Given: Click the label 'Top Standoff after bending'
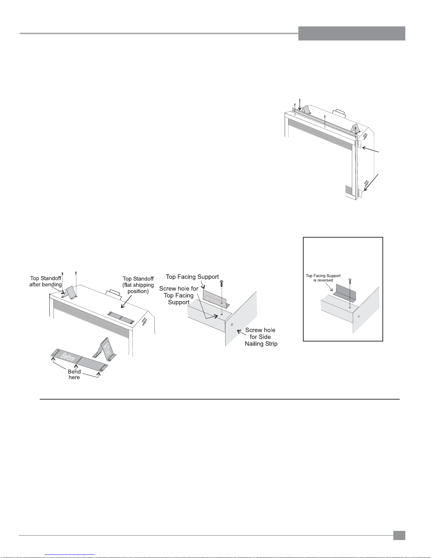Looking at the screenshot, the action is tap(46, 281).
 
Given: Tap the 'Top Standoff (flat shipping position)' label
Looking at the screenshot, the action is tap(138, 285).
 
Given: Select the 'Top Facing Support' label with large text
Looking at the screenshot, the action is tap(192, 277).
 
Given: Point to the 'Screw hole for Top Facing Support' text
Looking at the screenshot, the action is tap(179, 295).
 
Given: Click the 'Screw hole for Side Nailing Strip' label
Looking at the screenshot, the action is tap(261, 337).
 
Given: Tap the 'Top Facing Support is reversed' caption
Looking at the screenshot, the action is tap(323, 278).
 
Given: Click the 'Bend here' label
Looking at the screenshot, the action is tap(74, 374).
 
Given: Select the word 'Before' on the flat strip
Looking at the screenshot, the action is tap(68, 357).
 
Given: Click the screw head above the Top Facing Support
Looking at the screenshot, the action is tap(222, 282).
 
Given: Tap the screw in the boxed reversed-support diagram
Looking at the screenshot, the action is tap(350, 281).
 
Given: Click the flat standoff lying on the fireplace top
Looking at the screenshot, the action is tap(121, 318).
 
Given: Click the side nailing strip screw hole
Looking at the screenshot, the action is tap(232, 325).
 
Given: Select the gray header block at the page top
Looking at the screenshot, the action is tap(352, 33).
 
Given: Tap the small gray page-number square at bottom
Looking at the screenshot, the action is tap(399, 535).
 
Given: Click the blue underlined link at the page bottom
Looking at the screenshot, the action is tap(70, 555).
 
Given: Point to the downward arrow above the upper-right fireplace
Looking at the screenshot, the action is tap(300, 105).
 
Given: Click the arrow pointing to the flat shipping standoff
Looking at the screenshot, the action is tap(126, 301).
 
